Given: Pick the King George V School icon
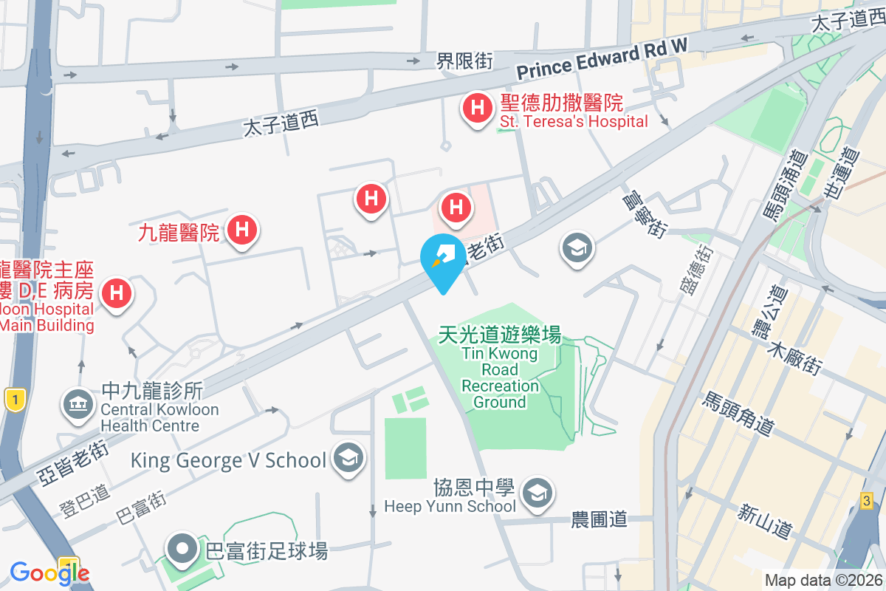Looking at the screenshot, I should pyautogui.click(x=346, y=458).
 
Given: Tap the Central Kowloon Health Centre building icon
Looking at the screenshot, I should pyautogui.click(x=77, y=404).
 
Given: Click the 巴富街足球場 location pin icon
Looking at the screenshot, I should pyautogui.click(x=182, y=550).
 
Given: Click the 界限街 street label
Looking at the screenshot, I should pyautogui.click(x=464, y=61).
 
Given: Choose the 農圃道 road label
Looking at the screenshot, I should pyautogui.click(x=599, y=519).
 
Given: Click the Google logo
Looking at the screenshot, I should pyautogui.click(x=49, y=573).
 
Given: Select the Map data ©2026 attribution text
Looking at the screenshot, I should pyautogui.click(x=823, y=581).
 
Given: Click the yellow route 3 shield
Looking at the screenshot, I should pyautogui.click(x=867, y=502).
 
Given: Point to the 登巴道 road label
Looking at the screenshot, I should pyautogui.click(x=84, y=499).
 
